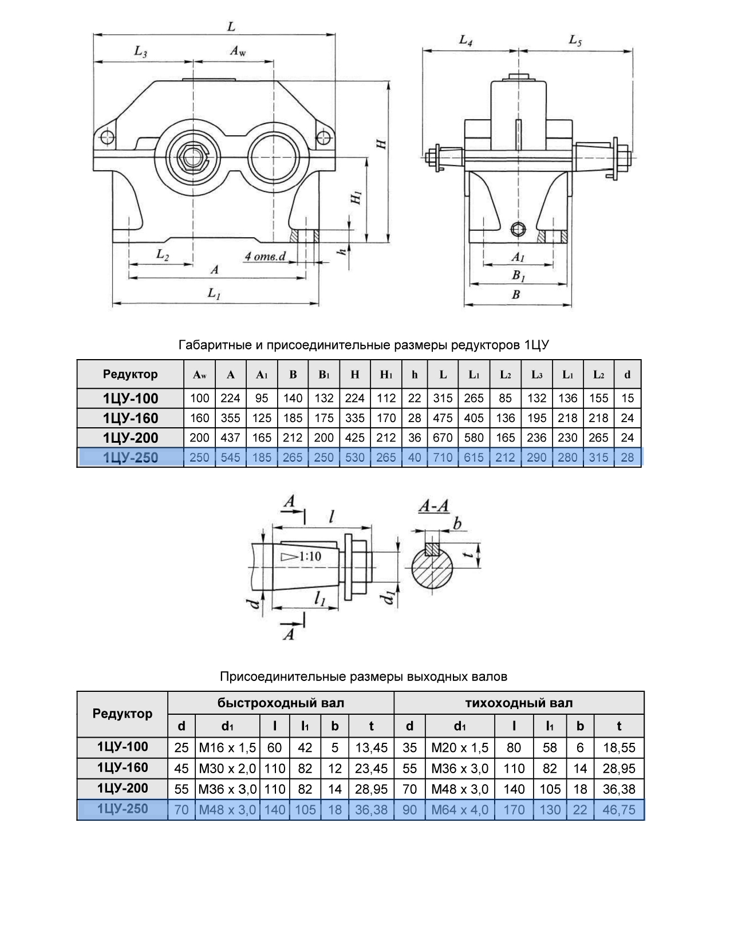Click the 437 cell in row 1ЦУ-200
click(230, 438)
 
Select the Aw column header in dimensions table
click(200, 375)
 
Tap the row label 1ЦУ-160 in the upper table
click(131, 418)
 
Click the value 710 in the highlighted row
click(443, 458)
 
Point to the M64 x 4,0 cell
click(460, 810)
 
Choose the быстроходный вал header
click(281, 703)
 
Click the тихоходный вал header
click(519, 703)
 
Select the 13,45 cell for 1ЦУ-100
click(371, 747)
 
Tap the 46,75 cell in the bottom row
click(619, 810)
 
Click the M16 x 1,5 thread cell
click(227, 747)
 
